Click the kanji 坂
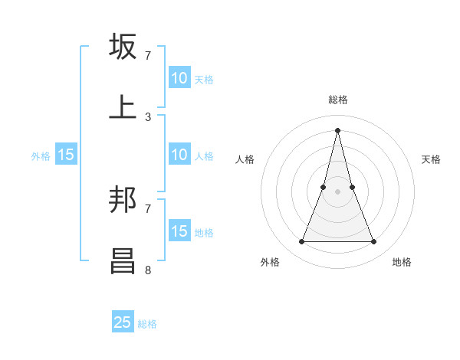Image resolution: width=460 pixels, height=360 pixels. tap(123, 47)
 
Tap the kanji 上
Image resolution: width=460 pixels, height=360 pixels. tap(123, 106)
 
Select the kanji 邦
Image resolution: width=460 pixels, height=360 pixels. tap(123, 200)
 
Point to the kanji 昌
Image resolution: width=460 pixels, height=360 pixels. tap(123, 260)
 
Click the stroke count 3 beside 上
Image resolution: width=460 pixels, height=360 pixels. tap(148, 116)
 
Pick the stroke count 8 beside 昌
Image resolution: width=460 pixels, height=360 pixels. tap(148, 270)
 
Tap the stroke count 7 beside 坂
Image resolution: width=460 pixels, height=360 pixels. tap(148, 56)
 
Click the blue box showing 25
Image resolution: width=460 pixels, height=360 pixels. tap(123, 322)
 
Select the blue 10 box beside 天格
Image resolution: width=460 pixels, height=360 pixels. tap(179, 78)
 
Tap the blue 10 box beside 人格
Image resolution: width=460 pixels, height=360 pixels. tap(179, 155)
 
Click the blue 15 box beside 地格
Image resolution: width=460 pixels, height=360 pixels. tap(179, 231)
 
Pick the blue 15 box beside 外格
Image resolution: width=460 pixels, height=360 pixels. tap(66, 155)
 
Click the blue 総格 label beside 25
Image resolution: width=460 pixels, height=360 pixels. tap(147, 324)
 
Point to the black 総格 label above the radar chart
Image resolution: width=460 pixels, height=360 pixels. tap(337, 100)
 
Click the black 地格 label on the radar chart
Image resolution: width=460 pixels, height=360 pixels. tap(402, 262)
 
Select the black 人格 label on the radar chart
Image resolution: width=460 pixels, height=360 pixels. tap(245, 159)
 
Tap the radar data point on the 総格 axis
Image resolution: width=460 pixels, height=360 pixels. tap(337, 129)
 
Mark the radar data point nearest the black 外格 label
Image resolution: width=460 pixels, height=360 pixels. tap(301, 242)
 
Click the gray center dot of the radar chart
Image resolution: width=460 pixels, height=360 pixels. tap(337, 191)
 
